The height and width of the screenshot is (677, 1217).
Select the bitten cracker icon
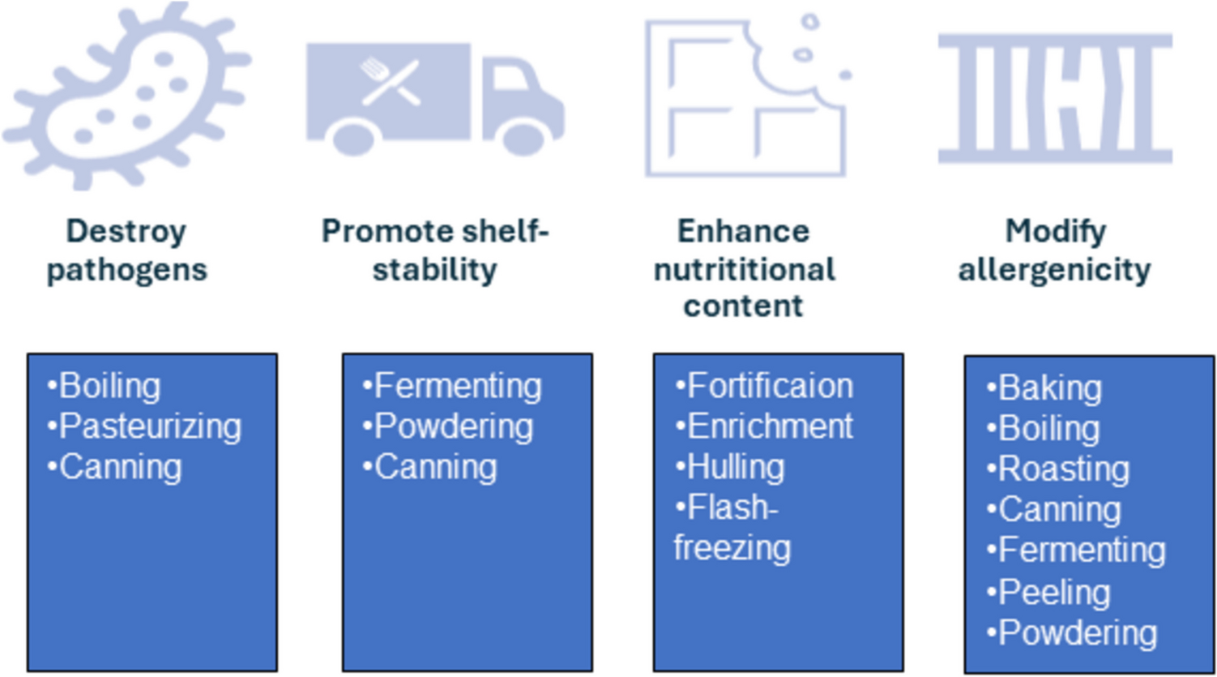click(x=745, y=96)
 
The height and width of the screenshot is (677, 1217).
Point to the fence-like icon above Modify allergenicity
click(x=1055, y=97)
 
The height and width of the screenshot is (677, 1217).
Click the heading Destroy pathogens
click(x=126, y=251)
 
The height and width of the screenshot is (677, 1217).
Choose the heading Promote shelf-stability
click(x=435, y=251)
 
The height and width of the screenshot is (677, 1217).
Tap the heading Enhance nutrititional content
click(x=744, y=268)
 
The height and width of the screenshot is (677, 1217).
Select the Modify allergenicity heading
click(x=1055, y=251)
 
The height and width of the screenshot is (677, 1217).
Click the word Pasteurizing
click(x=150, y=427)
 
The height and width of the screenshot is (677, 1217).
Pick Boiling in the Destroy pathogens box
click(x=109, y=387)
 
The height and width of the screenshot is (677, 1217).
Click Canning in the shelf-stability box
click(x=435, y=468)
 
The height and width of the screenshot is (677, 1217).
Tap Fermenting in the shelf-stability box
click(x=458, y=387)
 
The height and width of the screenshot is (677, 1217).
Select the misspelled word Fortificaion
click(x=770, y=387)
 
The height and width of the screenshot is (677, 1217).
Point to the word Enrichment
click(x=770, y=427)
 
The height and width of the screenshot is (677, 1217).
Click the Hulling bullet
click(x=736, y=468)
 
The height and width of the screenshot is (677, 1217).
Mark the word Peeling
click(x=1053, y=593)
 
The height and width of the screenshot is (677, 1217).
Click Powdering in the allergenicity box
click(x=1078, y=633)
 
